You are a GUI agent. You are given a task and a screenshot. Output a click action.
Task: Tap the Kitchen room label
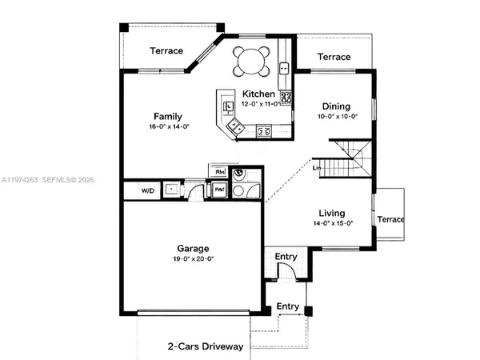point(259,94)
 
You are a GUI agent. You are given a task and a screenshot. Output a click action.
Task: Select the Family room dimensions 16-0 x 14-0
point(168,126)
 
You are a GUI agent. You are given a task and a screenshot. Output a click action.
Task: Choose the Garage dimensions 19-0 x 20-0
point(193,258)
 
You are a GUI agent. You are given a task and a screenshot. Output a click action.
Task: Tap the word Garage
point(193,247)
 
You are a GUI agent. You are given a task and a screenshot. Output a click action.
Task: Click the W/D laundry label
point(148,190)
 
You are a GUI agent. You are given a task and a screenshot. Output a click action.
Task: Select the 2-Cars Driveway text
point(205,346)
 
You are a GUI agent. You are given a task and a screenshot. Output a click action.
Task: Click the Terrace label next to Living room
point(391,219)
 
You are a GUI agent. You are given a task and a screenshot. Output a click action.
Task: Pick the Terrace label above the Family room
point(166,51)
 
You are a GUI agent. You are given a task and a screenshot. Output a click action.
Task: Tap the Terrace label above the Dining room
point(334,57)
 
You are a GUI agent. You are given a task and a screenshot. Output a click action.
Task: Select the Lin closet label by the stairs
point(317,167)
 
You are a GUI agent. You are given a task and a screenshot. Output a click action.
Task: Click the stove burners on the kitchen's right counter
point(286,99)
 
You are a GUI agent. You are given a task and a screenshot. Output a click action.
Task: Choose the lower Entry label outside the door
point(288,306)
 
